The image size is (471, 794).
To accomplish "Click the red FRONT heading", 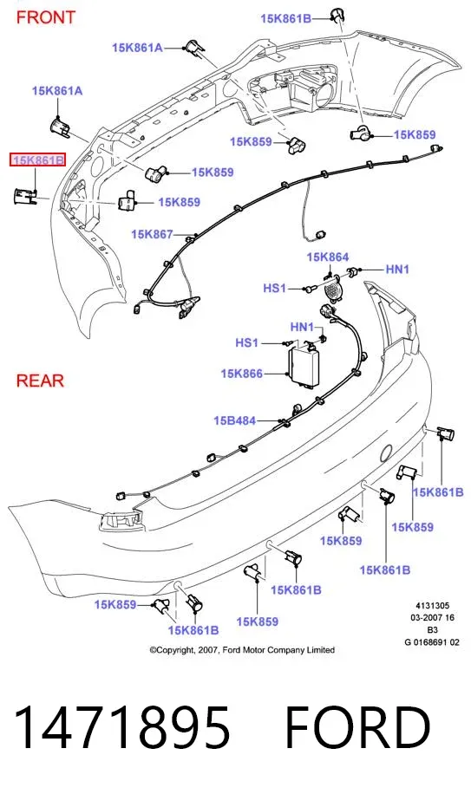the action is click(46, 17).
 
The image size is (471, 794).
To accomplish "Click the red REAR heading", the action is click(41, 381).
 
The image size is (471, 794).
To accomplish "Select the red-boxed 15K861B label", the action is click(38, 160).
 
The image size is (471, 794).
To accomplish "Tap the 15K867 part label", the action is click(152, 234).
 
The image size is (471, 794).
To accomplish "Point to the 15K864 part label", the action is click(327, 257).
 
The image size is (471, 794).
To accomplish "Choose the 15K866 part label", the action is click(242, 374).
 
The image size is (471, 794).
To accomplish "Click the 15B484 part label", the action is click(234, 420).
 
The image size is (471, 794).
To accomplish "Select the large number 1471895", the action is click(121, 727).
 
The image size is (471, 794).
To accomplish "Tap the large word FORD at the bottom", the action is click(358, 727).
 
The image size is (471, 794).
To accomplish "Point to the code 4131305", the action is click(432, 606).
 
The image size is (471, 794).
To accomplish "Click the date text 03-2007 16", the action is click(432, 618).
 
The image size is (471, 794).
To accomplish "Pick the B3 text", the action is click(432, 630).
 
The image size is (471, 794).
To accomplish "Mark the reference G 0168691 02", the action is click(432, 642).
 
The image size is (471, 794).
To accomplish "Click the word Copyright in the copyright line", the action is click(173, 650).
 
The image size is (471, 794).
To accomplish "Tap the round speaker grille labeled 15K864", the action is click(332, 291).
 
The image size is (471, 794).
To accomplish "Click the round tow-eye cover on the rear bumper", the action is click(386, 452).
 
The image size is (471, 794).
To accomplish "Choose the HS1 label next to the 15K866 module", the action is click(246, 342).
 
